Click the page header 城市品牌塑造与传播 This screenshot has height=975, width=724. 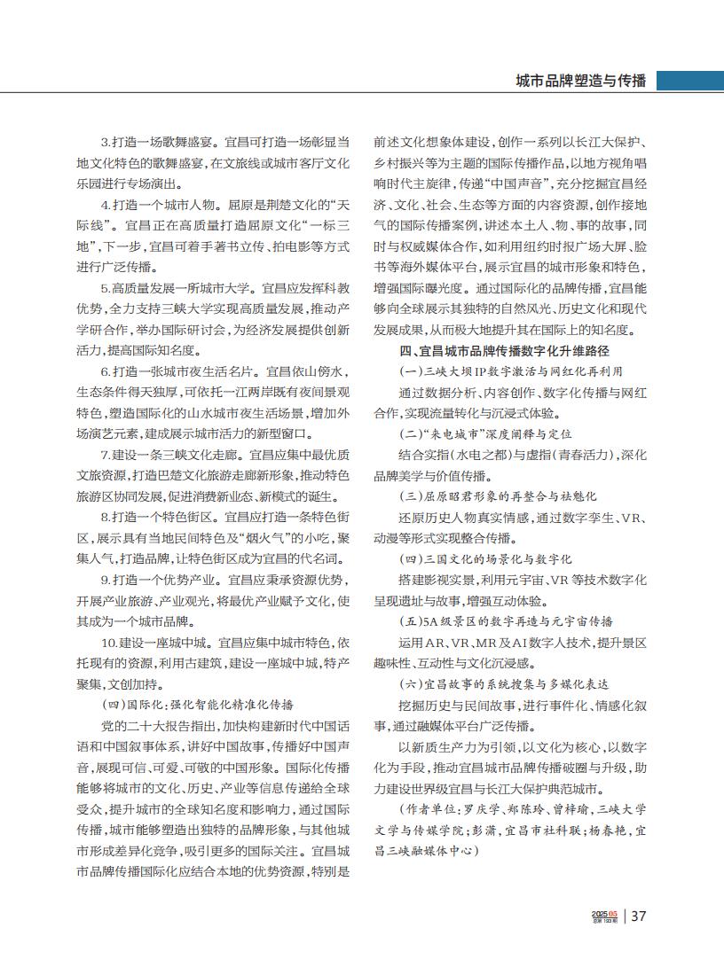point(581,82)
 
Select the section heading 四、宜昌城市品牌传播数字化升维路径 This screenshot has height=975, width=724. point(504,351)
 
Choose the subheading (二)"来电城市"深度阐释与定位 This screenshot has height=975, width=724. point(485,434)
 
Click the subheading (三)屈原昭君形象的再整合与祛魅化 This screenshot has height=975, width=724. point(498,496)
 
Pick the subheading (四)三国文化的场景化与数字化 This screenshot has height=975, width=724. point(485,559)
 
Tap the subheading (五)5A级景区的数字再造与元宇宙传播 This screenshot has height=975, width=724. point(506,621)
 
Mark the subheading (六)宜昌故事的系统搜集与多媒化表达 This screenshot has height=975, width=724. point(504,684)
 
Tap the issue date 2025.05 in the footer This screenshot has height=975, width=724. point(604,913)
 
